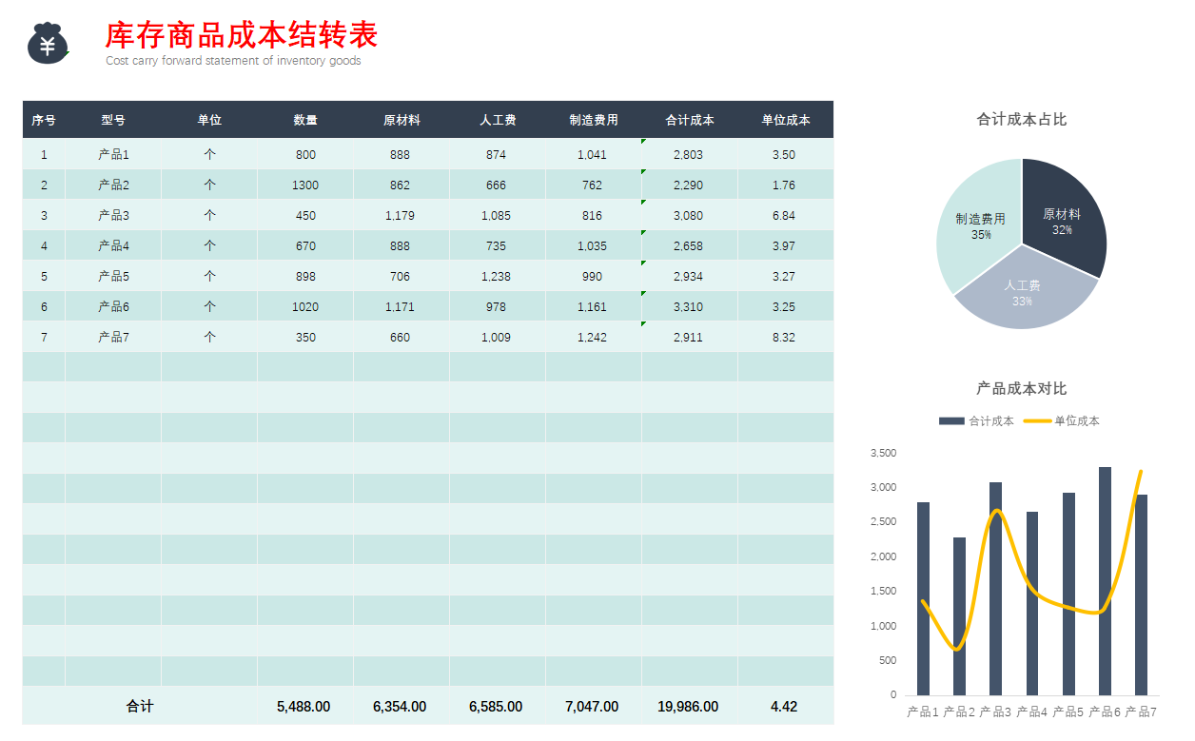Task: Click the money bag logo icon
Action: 48,44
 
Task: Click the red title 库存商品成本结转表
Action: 242,35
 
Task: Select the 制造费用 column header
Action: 594,120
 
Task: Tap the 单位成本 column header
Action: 786,120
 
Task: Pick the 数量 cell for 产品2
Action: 305,185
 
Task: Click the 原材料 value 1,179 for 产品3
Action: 400,216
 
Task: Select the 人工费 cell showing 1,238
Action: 496,277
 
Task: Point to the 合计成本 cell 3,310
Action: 688,307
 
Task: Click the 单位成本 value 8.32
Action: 784,338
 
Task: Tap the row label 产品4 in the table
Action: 113,246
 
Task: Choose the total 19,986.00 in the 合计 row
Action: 688,707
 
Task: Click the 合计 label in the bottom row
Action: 140,707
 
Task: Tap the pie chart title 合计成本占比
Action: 1022,120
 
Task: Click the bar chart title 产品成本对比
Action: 1022,389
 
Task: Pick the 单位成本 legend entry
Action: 1064,421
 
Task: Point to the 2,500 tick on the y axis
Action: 883,522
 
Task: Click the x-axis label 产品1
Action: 923,712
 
